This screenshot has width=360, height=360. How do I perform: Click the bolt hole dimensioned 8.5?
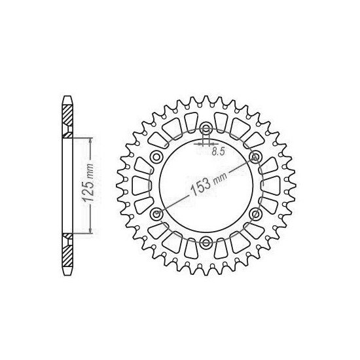(206, 128)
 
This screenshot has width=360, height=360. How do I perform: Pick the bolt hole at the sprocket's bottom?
(206, 243)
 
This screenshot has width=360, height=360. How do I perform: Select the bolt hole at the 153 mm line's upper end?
(255, 157)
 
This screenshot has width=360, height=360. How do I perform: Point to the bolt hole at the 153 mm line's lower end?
(156, 214)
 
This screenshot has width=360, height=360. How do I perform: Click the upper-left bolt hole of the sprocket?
(156, 157)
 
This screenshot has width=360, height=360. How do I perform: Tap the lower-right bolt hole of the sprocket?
(255, 214)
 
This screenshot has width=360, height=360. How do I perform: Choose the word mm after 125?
(91, 170)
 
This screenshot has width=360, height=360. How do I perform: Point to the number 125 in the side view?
(91, 192)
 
